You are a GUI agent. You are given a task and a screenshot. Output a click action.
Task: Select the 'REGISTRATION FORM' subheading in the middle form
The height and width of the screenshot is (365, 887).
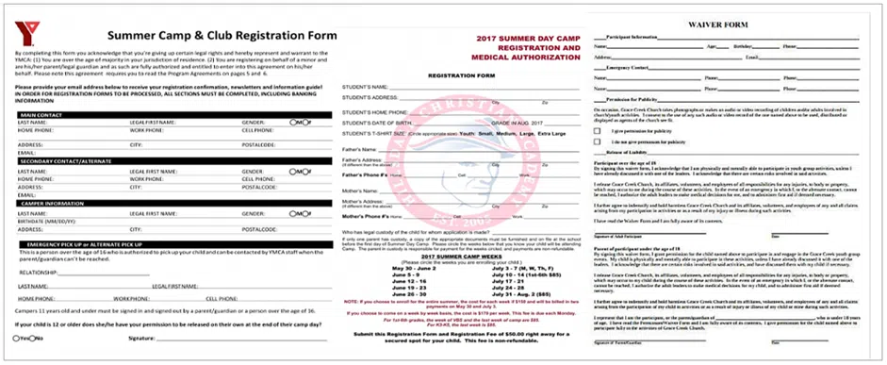tap(454, 74)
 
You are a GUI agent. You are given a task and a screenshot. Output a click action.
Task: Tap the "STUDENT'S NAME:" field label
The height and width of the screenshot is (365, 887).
tap(368, 86)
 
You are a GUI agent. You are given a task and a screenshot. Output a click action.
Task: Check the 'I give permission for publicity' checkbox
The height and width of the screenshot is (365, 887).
tap(599, 130)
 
